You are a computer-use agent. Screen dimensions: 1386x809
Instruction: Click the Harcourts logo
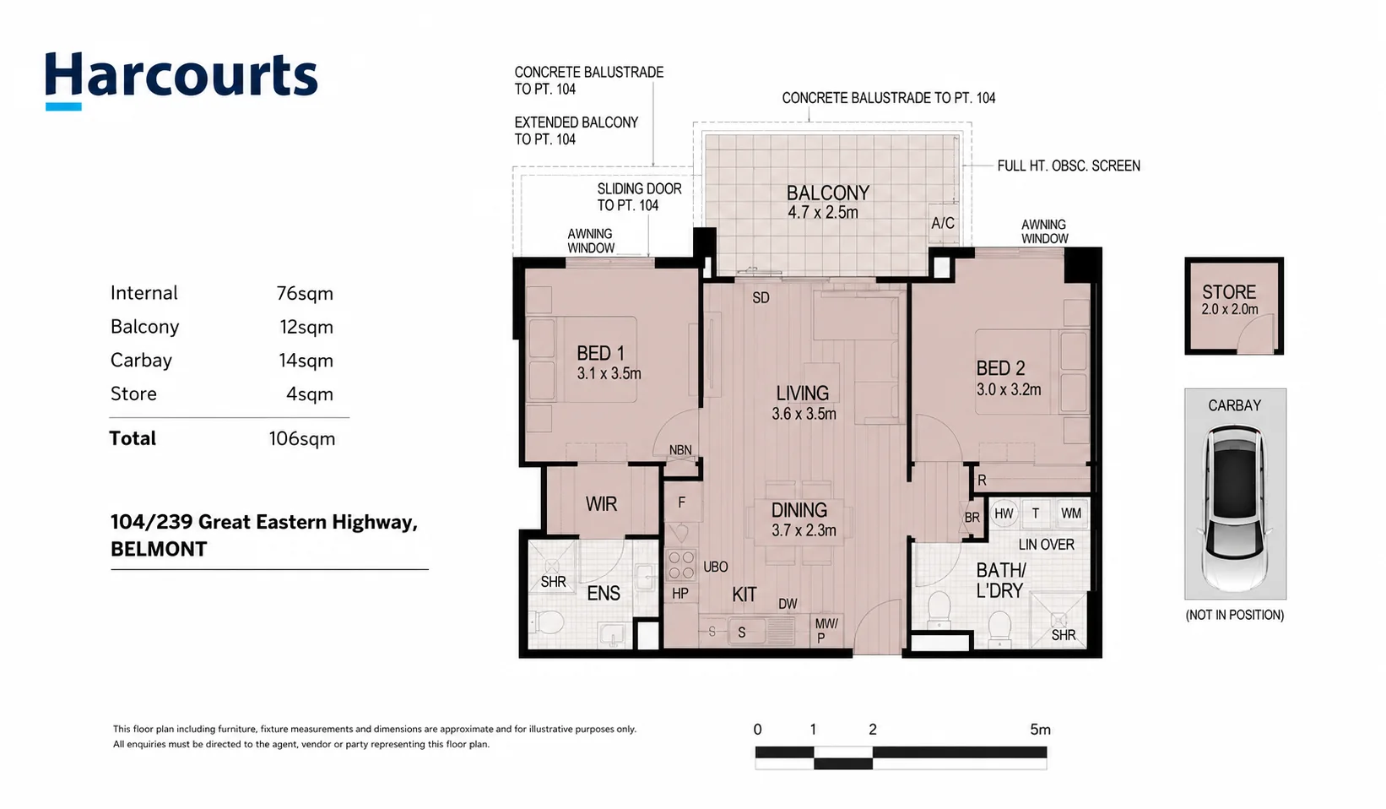[181, 80]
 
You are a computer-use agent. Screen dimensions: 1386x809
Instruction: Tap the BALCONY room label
[828, 193]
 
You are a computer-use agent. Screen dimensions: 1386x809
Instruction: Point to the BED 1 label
[600, 354]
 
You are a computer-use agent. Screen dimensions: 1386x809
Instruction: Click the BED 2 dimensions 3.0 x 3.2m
[1009, 389]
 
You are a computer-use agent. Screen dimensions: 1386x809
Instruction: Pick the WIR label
[602, 504]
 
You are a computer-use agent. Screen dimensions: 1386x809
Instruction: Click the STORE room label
[1229, 292]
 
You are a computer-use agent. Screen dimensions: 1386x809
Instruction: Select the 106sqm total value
[302, 439]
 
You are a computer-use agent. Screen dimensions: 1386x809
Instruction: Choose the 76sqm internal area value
[305, 293]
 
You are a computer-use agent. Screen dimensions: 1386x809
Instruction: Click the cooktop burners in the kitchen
[681, 564]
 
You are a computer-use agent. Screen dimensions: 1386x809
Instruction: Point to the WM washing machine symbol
[1071, 513]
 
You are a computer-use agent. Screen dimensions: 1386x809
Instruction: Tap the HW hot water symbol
[1004, 513]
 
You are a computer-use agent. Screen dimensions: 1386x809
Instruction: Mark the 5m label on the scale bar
[1040, 730]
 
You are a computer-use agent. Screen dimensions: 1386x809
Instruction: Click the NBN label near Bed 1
[680, 450]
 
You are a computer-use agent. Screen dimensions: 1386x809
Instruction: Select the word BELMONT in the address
[159, 549]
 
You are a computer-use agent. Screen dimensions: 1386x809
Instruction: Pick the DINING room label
[799, 510]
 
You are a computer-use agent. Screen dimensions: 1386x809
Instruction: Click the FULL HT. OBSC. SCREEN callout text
[1069, 166]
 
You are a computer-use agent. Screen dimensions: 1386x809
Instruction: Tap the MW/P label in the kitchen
[826, 630]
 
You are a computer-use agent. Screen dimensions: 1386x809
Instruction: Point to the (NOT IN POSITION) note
[1234, 616]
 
